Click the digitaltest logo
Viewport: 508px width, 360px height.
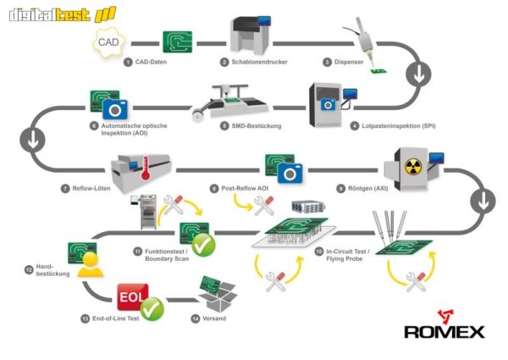coord(58,14)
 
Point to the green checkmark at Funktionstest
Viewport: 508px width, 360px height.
coord(202,246)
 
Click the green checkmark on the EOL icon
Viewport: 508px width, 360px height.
coord(152,311)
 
